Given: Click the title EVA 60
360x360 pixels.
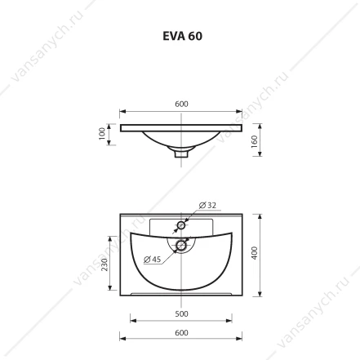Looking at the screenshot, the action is pyautogui.click(x=182, y=36).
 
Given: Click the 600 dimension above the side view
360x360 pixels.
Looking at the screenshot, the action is pyautogui.click(x=181, y=104).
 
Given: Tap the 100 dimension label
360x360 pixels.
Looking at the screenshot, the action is pyautogui.click(x=102, y=134).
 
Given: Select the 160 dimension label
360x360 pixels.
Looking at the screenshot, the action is pyautogui.click(x=254, y=141).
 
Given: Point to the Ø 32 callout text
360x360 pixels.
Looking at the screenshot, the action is pyautogui.click(x=207, y=205).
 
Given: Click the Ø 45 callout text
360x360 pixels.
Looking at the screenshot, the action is pyautogui.click(x=153, y=260).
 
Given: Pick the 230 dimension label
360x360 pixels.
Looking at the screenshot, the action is pyautogui.click(x=104, y=264).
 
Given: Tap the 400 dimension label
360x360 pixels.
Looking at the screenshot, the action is pyautogui.click(x=254, y=253).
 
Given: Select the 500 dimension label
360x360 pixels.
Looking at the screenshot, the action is pyautogui.click(x=181, y=313).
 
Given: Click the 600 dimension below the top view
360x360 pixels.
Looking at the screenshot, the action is pyautogui.click(x=181, y=332).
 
